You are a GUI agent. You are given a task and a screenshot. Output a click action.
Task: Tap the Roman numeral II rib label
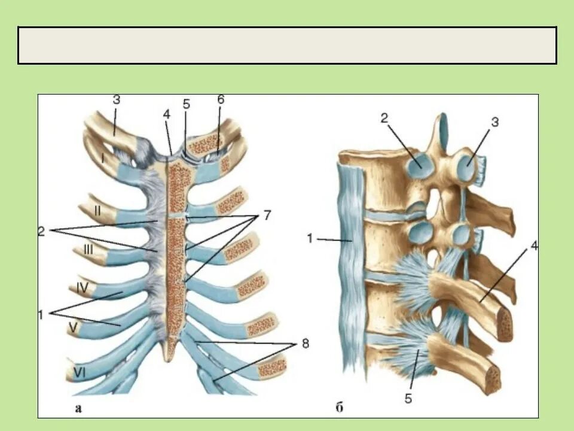click(96, 210)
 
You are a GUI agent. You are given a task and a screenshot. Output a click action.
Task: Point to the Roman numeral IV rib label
click(83, 287)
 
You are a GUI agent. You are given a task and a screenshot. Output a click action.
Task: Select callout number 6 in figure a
click(221, 100)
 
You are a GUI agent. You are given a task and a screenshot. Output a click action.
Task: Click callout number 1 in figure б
click(310, 239)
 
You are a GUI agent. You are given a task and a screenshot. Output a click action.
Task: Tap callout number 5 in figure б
click(408, 398)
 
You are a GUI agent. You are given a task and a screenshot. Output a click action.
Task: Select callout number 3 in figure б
click(495, 122)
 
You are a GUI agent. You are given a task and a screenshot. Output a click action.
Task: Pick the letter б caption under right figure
click(339, 409)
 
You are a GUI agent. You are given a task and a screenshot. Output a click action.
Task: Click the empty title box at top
click(287, 45)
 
